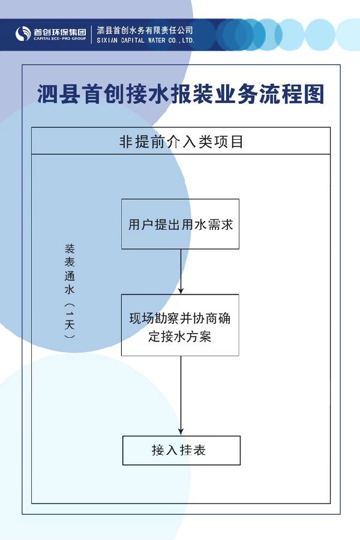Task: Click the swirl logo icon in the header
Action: [x=23, y=34]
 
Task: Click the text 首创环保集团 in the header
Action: [x=60, y=32]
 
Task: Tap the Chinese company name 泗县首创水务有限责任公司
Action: [x=145, y=31]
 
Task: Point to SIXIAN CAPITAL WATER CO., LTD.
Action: [x=145, y=40]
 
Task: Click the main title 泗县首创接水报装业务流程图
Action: [x=181, y=94]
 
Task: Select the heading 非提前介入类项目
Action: [x=181, y=142]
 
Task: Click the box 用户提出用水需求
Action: [x=180, y=224]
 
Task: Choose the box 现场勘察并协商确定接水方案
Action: [x=180, y=325]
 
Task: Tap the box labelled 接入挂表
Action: [x=181, y=450]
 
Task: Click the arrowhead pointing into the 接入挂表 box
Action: [x=181, y=432]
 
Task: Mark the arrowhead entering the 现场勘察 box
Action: [x=181, y=290]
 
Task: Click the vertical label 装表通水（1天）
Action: [x=70, y=292]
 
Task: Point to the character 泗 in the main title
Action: [x=47, y=94]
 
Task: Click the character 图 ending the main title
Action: [x=314, y=94]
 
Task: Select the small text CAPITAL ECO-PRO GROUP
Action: [x=60, y=38]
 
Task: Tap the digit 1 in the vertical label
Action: [x=70, y=313]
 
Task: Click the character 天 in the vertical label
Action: [x=70, y=325]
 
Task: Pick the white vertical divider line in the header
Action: [x=92, y=34]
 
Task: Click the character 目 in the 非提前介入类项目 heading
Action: [x=238, y=142]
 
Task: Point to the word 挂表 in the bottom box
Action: [x=193, y=450]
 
